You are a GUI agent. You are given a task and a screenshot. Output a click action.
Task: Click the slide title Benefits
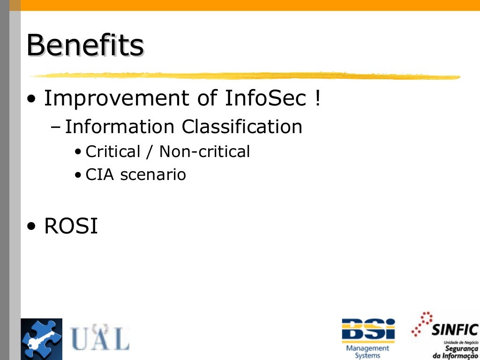[x=85, y=45]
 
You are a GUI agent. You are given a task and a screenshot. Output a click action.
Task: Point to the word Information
[x=120, y=127]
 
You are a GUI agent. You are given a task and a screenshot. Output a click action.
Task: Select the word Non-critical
[x=204, y=151]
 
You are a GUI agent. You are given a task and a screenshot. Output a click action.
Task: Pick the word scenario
[x=153, y=175]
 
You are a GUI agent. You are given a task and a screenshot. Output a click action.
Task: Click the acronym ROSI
[x=71, y=227]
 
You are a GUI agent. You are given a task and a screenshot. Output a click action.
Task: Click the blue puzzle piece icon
[x=41, y=339]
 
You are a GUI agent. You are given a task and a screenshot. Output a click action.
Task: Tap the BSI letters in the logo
[x=368, y=330]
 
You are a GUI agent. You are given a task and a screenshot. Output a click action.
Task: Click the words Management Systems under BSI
[x=367, y=352]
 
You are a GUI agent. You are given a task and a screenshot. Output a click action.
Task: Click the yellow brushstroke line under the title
[x=244, y=76]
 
